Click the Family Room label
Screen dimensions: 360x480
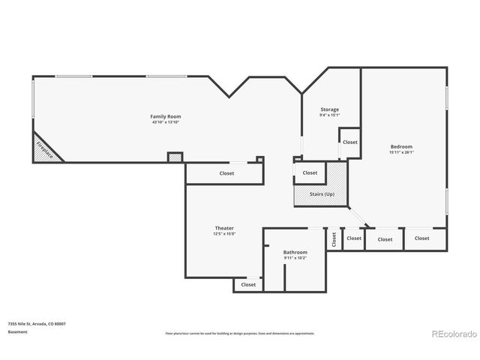(165, 116)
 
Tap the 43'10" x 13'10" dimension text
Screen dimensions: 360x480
(165, 122)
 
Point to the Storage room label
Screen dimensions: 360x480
(329, 109)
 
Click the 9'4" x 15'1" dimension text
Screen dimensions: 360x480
(329, 115)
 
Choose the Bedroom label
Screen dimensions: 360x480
(400, 146)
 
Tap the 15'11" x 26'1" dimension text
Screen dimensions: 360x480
(400, 152)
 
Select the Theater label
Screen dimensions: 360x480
(224, 228)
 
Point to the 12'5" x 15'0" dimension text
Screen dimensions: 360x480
(224, 234)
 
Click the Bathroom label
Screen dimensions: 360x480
(295, 253)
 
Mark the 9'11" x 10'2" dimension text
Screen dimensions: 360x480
(295, 259)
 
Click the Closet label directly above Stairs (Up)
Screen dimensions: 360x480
(310, 172)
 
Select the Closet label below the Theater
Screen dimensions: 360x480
(248, 284)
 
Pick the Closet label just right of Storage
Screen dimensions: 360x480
(350, 142)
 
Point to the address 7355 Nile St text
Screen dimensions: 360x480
(37, 323)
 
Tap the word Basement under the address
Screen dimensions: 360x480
(17, 331)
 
